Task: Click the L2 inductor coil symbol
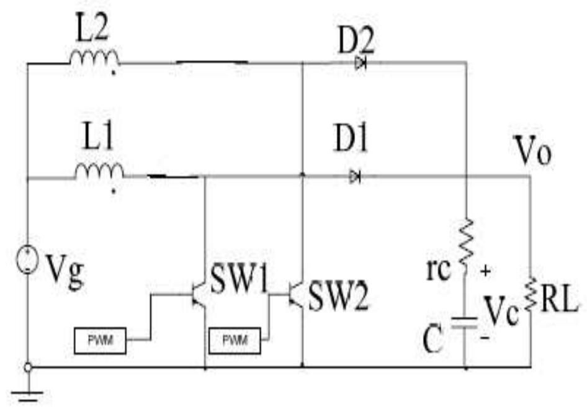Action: [94, 58]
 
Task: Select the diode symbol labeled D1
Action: [355, 178]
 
